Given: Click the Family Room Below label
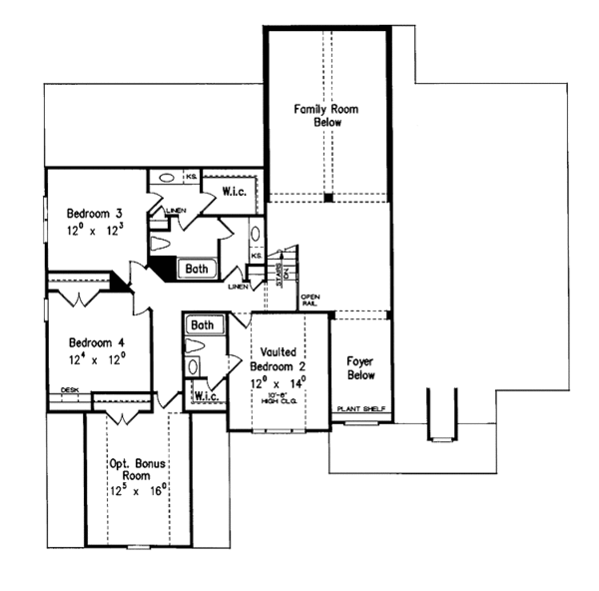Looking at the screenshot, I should (x=317, y=115).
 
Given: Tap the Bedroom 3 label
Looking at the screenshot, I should (x=95, y=214).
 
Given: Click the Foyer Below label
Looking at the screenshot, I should (x=359, y=368).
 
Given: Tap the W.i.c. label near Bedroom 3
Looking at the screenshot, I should (x=235, y=191).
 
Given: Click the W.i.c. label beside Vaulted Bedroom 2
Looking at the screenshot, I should (x=207, y=397).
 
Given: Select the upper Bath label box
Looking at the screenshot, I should (x=195, y=268).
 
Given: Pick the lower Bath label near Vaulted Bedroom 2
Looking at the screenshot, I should (x=203, y=325).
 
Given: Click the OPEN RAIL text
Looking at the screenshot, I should (x=309, y=299).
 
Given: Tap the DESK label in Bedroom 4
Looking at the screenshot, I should (x=70, y=390).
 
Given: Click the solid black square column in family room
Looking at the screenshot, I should (x=326, y=198).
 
